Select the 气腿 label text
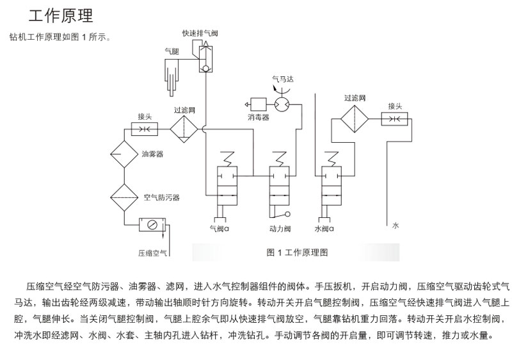(172, 51)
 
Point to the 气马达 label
(283, 79)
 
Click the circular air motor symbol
(282, 103)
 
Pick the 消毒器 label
(259, 118)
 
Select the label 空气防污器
(161, 197)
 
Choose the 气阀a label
(220, 227)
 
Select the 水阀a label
(326, 227)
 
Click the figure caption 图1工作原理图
(296, 252)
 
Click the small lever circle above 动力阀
(287, 214)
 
